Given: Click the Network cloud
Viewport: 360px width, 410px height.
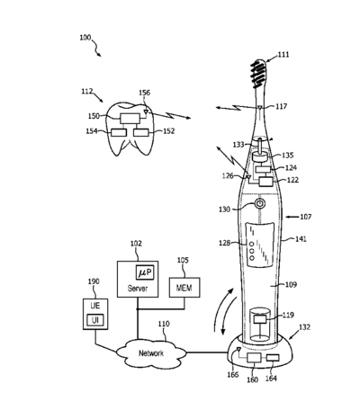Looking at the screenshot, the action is click(x=151, y=353).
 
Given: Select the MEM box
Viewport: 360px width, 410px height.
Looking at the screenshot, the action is click(x=184, y=288).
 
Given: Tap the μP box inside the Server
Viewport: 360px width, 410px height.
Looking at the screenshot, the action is click(x=145, y=272).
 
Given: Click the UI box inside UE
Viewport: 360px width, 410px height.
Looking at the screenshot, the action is click(x=95, y=320).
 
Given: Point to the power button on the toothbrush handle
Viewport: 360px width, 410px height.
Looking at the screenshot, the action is click(x=260, y=204).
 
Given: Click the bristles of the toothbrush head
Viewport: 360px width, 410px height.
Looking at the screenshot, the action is click(x=258, y=73).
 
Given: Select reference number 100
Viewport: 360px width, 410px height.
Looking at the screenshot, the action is click(x=85, y=38).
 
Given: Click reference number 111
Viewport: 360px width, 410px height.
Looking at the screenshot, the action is click(x=283, y=55).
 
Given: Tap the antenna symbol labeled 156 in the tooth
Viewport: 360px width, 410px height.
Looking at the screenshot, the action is click(x=146, y=112).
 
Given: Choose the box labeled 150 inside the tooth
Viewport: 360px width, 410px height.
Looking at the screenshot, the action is click(x=130, y=119).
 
